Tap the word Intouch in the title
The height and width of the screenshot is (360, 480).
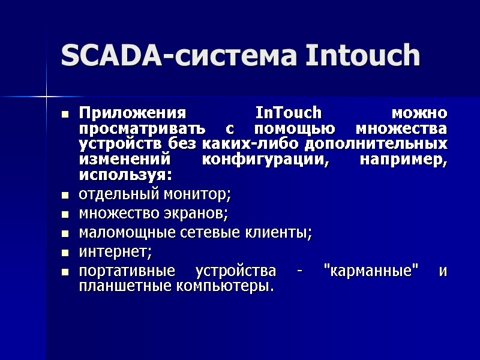362,56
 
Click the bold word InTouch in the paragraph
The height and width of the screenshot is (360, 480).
289,113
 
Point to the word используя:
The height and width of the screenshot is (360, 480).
125,176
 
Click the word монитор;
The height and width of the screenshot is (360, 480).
199,194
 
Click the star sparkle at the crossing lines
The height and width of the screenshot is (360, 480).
46,95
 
